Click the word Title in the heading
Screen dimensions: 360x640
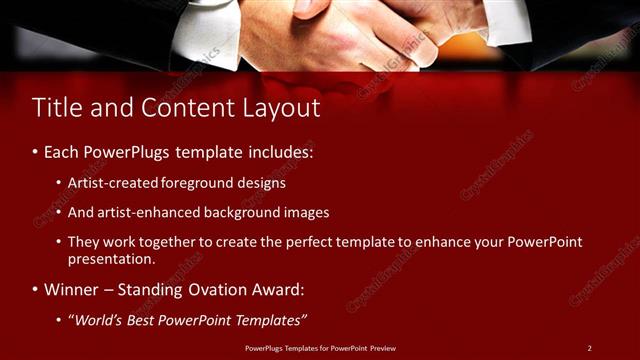tap(56, 108)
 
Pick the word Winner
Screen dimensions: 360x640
tap(72, 290)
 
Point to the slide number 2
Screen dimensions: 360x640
tap(589, 348)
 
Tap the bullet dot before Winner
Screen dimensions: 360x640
tap(35, 290)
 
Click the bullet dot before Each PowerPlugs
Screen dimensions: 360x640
tap(35, 153)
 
